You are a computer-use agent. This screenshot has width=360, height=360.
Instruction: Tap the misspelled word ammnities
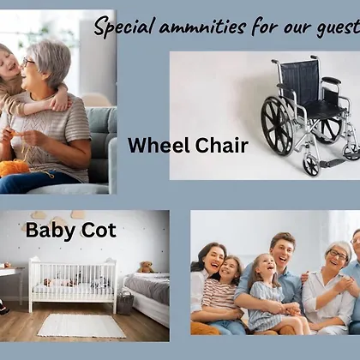pyautogui.click(x=202, y=27)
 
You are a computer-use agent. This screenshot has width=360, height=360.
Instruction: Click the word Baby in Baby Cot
pyautogui.click(x=51, y=231)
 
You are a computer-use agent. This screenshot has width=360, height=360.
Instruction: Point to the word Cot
pyautogui.click(x=99, y=230)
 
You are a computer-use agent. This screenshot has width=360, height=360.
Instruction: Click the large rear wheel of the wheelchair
pyautogui.click(x=277, y=126)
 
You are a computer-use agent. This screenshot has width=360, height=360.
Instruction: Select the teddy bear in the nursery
pyautogui.click(x=146, y=267)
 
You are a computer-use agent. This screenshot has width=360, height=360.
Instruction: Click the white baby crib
pyautogui.click(x=73, y=284)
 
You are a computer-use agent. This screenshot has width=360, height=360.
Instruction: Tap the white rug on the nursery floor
pyautogui.click(x=81, y=326)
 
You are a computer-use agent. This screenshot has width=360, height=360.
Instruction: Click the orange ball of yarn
pyautogui.click(x=14, y=168)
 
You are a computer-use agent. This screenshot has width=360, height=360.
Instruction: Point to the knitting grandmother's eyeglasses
pyautogui.click(x=28, y=62)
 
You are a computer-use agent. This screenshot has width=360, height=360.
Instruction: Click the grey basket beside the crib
pyautogui.click(x=125, y=303)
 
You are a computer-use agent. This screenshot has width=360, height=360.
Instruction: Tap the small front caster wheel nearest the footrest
pyautogui.click(x=311, y=165)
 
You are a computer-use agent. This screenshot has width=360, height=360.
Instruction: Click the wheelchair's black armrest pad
pyautogui.click(x=332, y=81)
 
